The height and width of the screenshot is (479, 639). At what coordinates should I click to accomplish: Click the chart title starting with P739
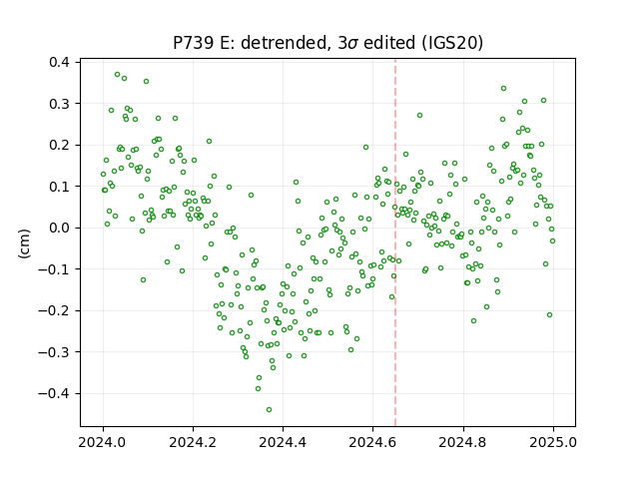[x=328, y=43]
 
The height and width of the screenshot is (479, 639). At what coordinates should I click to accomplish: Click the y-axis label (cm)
[x=24, y=243]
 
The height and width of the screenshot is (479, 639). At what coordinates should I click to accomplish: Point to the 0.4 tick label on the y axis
[x=59, y=62]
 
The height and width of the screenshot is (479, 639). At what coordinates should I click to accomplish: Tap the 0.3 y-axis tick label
[x=59, y=104]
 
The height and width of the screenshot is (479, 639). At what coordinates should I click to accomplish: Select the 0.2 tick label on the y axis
[x=59, y=145]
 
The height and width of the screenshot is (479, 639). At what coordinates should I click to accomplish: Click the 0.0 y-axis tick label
[x=59, y=228]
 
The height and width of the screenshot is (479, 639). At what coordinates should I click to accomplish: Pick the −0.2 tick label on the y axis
[x=54, y=310]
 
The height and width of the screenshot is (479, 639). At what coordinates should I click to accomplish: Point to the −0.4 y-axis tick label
[x=54, y=393]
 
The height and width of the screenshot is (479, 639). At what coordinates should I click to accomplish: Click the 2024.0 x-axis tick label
[x=103, y=442]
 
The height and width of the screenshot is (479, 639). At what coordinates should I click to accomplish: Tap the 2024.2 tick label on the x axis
[x=193, y=442]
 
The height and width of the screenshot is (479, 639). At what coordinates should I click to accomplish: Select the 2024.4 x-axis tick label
[x=283, y=442]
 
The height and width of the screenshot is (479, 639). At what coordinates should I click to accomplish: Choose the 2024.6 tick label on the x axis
[x=372, y=442]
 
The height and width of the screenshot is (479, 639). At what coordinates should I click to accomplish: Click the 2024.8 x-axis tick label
[x=463, y=442]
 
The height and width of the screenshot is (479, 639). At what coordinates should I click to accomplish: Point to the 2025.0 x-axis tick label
[x=553, y=442]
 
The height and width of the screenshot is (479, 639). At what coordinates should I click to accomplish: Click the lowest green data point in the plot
[x=269, y=410]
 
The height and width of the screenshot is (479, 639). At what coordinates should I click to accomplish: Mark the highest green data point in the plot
[x=118, y=75]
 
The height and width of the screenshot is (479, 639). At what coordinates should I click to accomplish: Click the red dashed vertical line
[x=395, y=242]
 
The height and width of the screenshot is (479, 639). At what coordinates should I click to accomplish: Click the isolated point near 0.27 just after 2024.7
[x=419, y=116]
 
